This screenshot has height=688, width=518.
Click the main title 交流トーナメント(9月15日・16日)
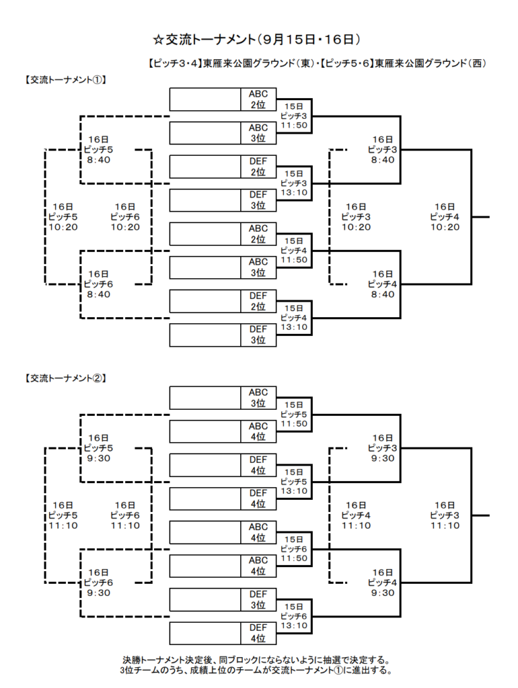[x=257, y=40]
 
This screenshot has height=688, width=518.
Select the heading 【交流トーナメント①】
[x=65, y=80]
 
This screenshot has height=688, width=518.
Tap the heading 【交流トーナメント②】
[x=65, y=378]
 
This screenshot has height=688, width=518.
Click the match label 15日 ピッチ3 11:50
[x=294, y=116]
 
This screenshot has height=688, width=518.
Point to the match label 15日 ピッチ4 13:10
[x=294, y=318]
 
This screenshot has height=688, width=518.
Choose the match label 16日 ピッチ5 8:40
[x=98, y=150]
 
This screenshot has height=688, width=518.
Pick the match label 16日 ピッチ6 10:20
[x=125, y=217]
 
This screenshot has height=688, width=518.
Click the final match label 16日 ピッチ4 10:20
[x=445, y=217]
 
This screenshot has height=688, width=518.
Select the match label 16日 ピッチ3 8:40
[x=383, y=150]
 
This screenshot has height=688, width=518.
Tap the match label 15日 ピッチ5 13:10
[x=294, y=482]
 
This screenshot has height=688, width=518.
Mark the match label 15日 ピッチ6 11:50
[x=294, y=549]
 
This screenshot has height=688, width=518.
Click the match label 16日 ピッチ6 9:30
[x=98, y=583]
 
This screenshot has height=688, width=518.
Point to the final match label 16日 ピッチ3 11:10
[x=445, y=515]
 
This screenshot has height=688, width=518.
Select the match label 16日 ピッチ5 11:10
[x=63, y=515]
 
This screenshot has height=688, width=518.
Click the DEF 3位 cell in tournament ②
[x=258, y=600]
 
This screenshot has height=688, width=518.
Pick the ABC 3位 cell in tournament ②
[x=258, y=398]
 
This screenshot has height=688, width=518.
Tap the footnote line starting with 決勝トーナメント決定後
[x=256, y=660]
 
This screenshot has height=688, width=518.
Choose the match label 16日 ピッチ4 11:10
[x=356, y=515]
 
